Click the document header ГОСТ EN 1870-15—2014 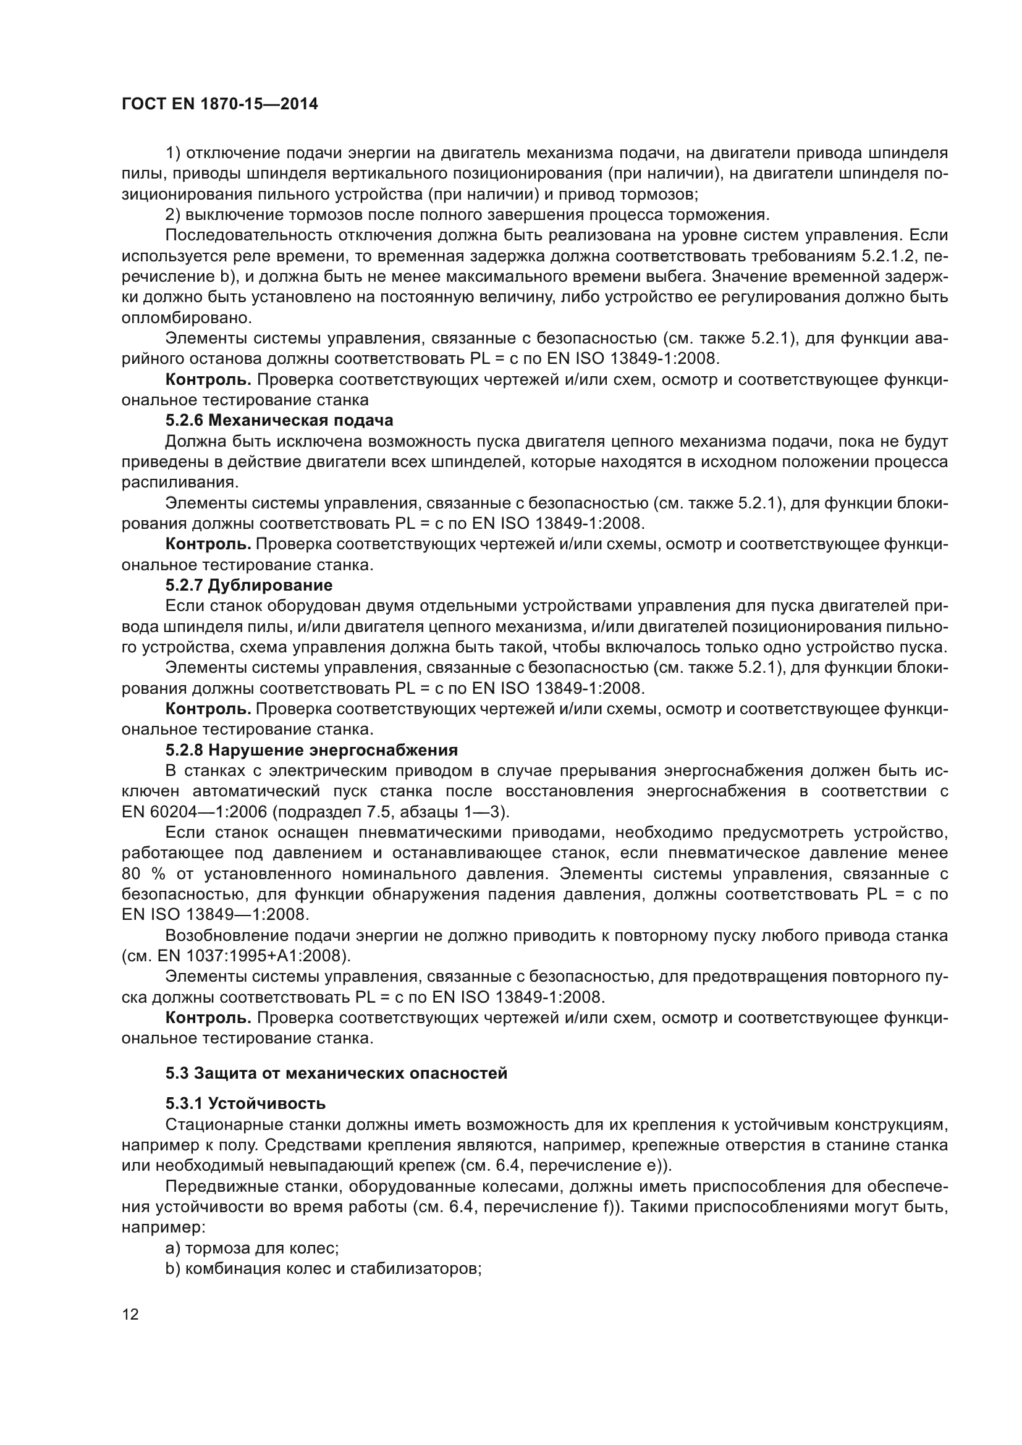[x=219, y=104]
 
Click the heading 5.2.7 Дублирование [x=248, y=585]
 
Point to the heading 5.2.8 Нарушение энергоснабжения [x=311, y=750]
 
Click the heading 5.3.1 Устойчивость [x=245, y=1103]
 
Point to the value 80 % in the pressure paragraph [x=141, y=874]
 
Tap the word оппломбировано [x=186, y=318]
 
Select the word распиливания [x=179, y=482]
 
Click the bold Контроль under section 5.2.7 [x=208, y=709]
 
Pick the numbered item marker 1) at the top [x=172, y=153]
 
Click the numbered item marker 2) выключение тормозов [x=172, y=215]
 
